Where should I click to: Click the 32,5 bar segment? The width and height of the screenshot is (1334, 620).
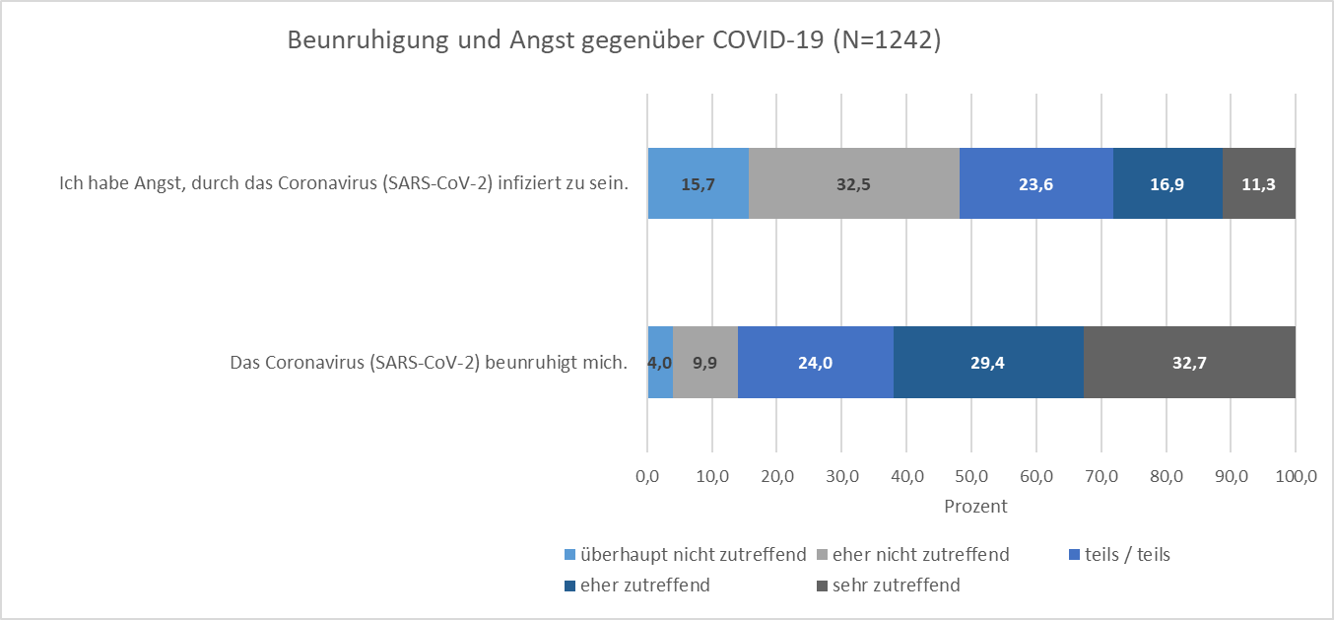point(853,183)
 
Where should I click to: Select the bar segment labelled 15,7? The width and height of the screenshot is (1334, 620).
point(698,183)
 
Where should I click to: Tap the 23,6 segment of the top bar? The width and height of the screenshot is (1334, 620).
point(1035,183)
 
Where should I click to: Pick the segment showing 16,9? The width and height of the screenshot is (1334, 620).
point(1167,183)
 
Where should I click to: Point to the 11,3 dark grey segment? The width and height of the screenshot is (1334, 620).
point(1259,183)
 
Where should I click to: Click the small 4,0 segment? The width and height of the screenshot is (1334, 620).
point(660,362)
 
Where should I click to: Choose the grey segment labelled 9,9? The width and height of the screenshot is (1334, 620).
point(705,362)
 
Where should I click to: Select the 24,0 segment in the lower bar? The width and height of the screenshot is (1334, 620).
point(816,362)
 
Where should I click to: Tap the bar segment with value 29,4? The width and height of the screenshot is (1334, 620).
point(988,362)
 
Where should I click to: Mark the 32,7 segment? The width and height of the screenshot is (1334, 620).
point(1189,362)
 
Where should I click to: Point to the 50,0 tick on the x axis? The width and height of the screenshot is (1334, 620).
point(971,477)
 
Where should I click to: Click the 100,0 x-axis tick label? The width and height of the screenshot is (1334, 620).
point(1295,477)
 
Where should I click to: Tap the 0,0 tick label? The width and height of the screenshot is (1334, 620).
point(647,477)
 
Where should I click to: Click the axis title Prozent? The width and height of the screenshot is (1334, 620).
point(975,507)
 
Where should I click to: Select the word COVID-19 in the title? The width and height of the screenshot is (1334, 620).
point(768,41)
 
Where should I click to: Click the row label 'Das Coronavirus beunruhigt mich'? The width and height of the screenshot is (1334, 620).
point(429,362)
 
